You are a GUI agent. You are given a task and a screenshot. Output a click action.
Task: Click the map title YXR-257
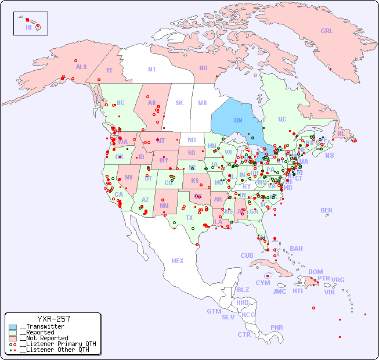pos(53,319)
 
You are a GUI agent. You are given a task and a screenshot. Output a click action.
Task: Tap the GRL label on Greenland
pos(327,31)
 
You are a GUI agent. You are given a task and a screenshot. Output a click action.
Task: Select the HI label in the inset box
pos(28,27)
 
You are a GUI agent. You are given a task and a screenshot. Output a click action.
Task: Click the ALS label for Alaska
pos(81,67)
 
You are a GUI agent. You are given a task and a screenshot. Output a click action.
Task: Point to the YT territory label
pos(109,70)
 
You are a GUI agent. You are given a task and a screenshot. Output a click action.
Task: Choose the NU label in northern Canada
pos(203,68)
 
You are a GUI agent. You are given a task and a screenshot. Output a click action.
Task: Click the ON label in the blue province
pos(238,120)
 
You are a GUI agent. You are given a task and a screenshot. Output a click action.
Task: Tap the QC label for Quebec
pos(282,119)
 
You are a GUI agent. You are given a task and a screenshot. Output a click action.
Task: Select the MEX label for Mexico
pos(178,261)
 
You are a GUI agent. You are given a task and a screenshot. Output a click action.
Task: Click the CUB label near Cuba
pos(247,255)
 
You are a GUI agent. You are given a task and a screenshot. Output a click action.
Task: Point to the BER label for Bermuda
pos(326,210)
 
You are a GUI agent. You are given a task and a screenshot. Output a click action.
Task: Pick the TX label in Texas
pos(189,218)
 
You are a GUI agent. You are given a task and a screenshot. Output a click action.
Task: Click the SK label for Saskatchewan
pos(179,103)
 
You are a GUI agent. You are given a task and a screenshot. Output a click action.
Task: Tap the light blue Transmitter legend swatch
pos(13,327)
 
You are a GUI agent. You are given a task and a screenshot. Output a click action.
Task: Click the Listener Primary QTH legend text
pos(57,344)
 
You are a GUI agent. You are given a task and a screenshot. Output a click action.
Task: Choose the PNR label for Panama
pos(277,327)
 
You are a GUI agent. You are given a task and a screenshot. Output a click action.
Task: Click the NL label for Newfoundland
pos(341,134)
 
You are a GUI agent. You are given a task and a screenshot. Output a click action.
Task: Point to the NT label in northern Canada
pos(152,69)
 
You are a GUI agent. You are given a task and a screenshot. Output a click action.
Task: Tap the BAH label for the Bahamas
pos(296,249)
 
